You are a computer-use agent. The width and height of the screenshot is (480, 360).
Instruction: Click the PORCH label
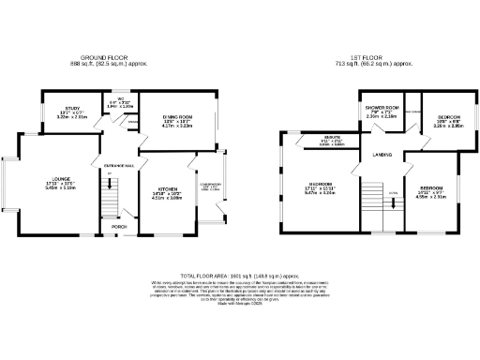pyautogui.click(x=119, y=227)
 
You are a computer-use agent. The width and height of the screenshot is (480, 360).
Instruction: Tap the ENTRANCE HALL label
pyautogui.click(x=119, y=166)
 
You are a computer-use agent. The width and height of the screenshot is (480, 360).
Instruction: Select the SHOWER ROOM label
pyautogui.click(x=382, y=108)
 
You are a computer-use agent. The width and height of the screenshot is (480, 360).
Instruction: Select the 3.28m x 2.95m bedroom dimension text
pyautogui.click(x=438, y=122)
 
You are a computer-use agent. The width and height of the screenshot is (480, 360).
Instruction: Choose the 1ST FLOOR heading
pyautogui.click(x=377, y=58)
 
